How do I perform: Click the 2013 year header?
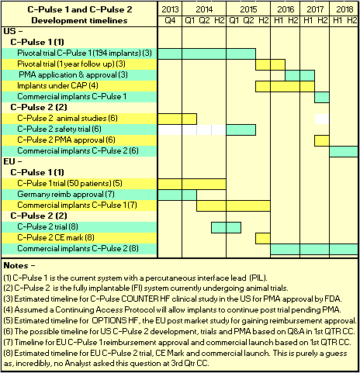(x=170, y=9)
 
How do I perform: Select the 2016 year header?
(x=286, y=9)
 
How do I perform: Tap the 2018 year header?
(x=344, y=9)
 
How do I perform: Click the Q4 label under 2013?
(x=170, y=20)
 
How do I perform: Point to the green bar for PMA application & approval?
(x=300, y=75)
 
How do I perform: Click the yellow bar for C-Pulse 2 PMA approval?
(x=322, y=140)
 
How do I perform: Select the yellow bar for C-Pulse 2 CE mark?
(x=263, y=238)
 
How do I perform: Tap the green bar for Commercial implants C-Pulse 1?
(x=322, y=97)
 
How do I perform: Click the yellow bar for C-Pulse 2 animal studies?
(x=177, y=119)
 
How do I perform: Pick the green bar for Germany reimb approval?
(x=177, y=195)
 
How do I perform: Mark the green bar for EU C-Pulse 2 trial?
(x=226, y=227)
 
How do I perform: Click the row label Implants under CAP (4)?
(x=57, y=85)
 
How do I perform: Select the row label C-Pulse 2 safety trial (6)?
(x=59, y=129)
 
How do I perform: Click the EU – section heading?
(x=12, y=161)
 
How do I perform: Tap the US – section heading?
(x=13, y=31)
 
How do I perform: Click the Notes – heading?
(x=19, y=265)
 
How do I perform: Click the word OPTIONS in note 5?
(x=109, y=320)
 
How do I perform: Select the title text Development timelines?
(x=79, y=20)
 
